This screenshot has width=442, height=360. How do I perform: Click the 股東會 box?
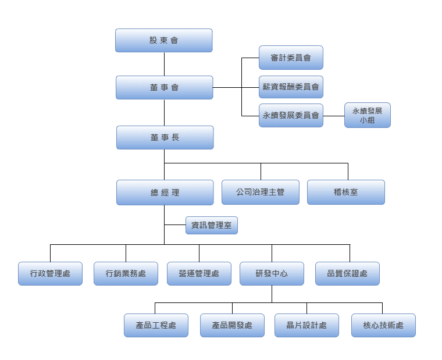[x=163, y=41]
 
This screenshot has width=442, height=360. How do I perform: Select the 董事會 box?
[x=164, y=87]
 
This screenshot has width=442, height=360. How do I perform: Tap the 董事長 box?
[x=165, y=138]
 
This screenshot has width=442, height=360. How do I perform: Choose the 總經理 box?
[x=165, y=193]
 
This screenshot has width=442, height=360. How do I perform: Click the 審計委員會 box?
[x=291, y=58]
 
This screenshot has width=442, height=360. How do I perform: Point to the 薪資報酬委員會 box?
[x=291, y=87]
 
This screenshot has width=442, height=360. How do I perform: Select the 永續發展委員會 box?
[x=291, y=115]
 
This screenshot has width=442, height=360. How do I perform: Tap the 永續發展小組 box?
[x=367, y=115]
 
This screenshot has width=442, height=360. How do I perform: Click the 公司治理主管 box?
[x=261, y=192]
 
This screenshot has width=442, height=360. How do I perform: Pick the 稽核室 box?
[x=346, y=192]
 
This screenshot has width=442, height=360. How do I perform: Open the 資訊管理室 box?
[x=212, y=225]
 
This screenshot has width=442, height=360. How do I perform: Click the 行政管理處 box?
[x=50, y=273]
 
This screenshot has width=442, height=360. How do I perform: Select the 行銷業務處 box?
[x=126, y=273]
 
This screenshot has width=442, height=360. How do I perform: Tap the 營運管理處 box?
[x=199, y=273]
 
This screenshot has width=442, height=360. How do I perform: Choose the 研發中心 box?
[x=272, y=273]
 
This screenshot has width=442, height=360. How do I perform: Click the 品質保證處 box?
[x=347, y=273]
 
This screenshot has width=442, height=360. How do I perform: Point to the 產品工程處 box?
[x=156, y=325]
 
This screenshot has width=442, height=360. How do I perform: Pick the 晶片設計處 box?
[x=306, y=325]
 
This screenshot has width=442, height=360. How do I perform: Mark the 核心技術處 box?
[x=383, y=325]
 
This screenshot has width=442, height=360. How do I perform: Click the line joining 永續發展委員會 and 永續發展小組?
[x=334, y=116]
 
